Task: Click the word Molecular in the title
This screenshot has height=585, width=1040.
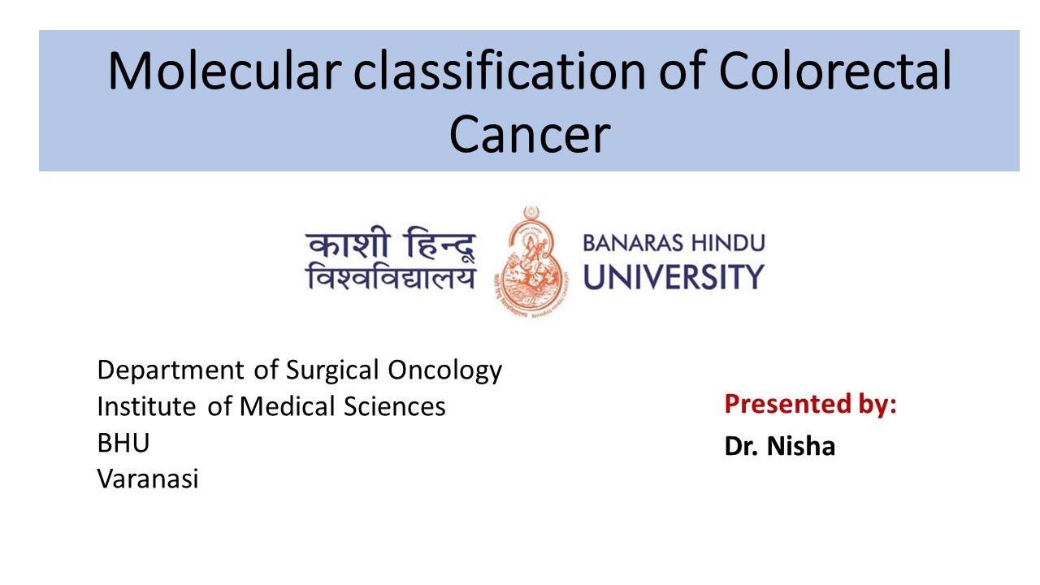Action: click(221, 71)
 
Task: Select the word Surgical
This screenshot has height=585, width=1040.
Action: click(332, 370)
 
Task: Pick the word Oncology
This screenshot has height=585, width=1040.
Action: click(444, 370)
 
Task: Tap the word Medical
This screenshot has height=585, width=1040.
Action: click(285, 405)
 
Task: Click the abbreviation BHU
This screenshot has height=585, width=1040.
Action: click(123, 443)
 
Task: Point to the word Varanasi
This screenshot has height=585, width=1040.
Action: click(148, 479)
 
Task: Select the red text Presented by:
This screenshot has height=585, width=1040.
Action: click(810, 404)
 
